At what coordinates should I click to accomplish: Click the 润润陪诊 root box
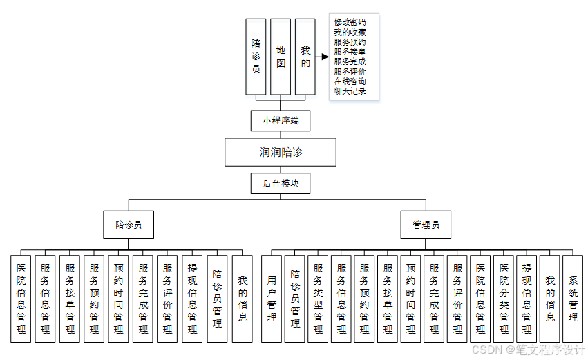click(x=281, y=152)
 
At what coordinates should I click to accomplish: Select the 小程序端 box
click(x=281, y=121)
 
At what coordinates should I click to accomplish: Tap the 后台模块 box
click(x=281, y=183)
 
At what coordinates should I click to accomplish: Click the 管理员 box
click(x=426, y=225)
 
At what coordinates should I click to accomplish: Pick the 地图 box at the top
click(x=281, y=57)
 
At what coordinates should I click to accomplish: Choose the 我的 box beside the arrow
click(x=305, y=57)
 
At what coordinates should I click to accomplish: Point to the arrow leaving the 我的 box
click(x=322, y=57)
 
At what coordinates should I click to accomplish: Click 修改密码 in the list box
click(x=350, y=22)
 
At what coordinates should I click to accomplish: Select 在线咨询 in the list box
click(x=350, y=82)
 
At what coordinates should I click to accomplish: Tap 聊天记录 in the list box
click(x=350, y=91)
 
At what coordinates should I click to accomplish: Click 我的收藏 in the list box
click(x=350, y=32)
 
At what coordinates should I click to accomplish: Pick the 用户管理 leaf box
click(x=272, y=299)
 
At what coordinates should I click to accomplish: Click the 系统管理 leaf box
click(x=573, y=299)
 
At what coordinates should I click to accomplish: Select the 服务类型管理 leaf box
click(x=318, y=299)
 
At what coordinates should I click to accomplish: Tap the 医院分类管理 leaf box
click(x=504, y=299)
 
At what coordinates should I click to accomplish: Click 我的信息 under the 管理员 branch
click(x=550, y=299)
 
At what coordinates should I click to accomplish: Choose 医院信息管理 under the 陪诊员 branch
click(x=21, y=299)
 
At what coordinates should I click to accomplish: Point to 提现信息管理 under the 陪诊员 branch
click(x=193, y=299)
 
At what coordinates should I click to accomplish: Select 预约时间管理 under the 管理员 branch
click(x=411, y=299)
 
